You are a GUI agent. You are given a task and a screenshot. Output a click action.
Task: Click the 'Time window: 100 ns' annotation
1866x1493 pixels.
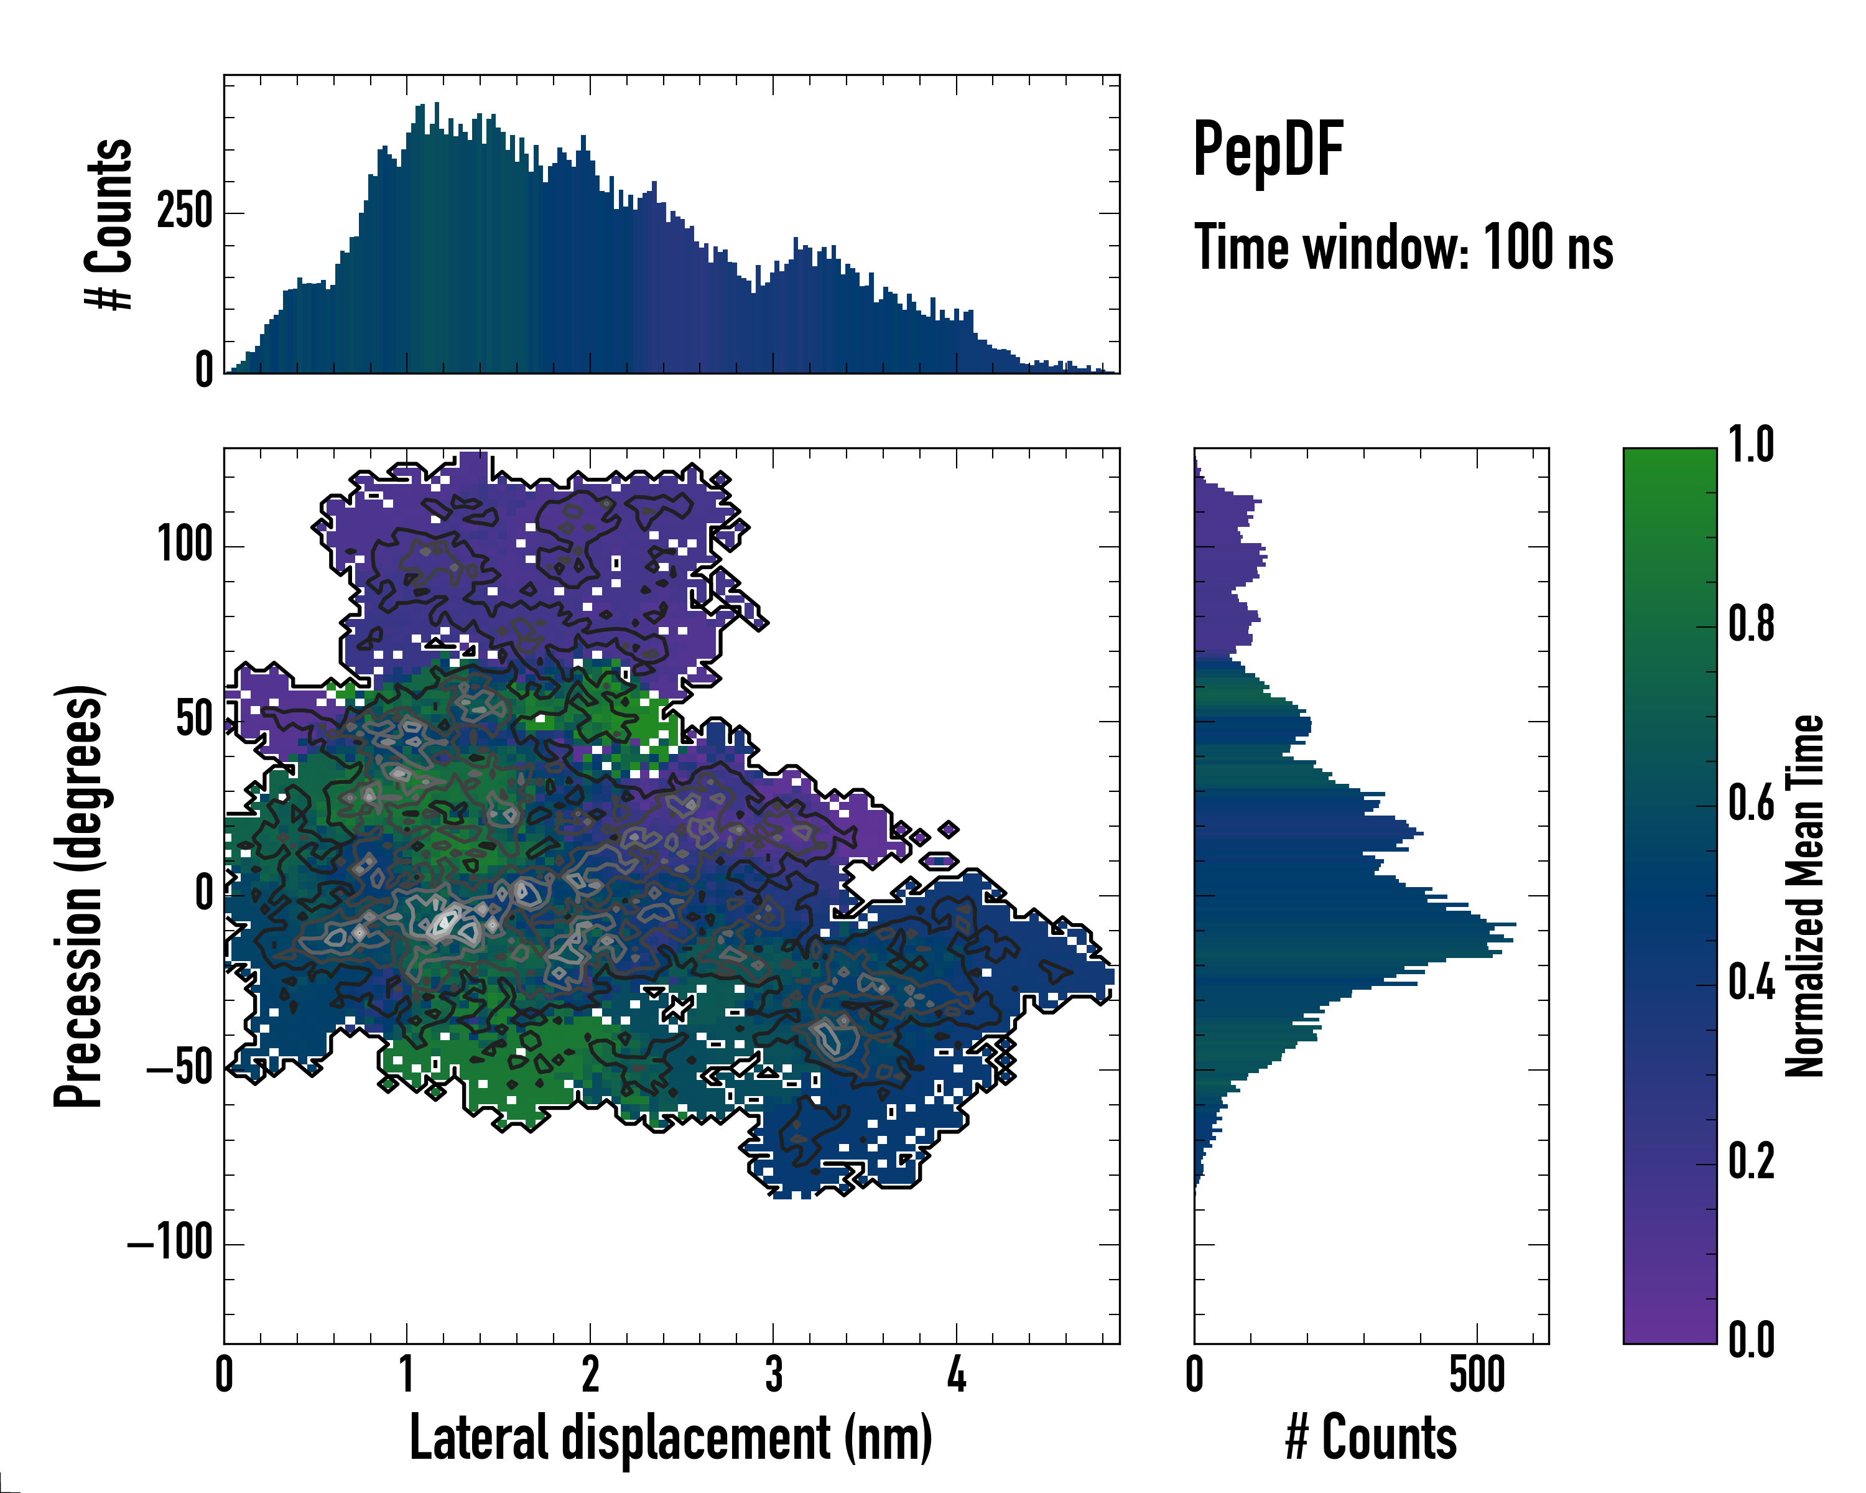(1403, 248)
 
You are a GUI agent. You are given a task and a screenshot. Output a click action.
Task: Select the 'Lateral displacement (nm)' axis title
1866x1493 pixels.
(671, 1438)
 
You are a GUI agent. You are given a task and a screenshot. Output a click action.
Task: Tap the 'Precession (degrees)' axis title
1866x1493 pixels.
(80, 896)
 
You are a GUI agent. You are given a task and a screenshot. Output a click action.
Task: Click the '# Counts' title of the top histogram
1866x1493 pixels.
(109, 223)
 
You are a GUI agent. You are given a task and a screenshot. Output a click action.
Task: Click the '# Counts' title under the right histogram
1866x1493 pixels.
(1370, 1438)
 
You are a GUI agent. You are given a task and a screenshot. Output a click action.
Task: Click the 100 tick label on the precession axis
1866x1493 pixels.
(184, 546)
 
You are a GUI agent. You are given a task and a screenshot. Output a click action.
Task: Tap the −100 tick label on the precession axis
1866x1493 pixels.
(170, 1243)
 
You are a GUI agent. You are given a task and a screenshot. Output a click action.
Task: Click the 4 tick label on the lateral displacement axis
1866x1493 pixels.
(957, 1374)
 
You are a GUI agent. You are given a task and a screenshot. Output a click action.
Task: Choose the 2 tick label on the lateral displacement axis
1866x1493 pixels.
(590, 1374)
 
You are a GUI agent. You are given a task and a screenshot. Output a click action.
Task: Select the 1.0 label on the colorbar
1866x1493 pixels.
(1751, 446)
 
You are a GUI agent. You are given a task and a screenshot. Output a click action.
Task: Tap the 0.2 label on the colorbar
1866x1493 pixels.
(1751, 1161)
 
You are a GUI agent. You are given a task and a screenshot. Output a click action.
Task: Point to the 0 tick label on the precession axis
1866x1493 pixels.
(204, 893)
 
